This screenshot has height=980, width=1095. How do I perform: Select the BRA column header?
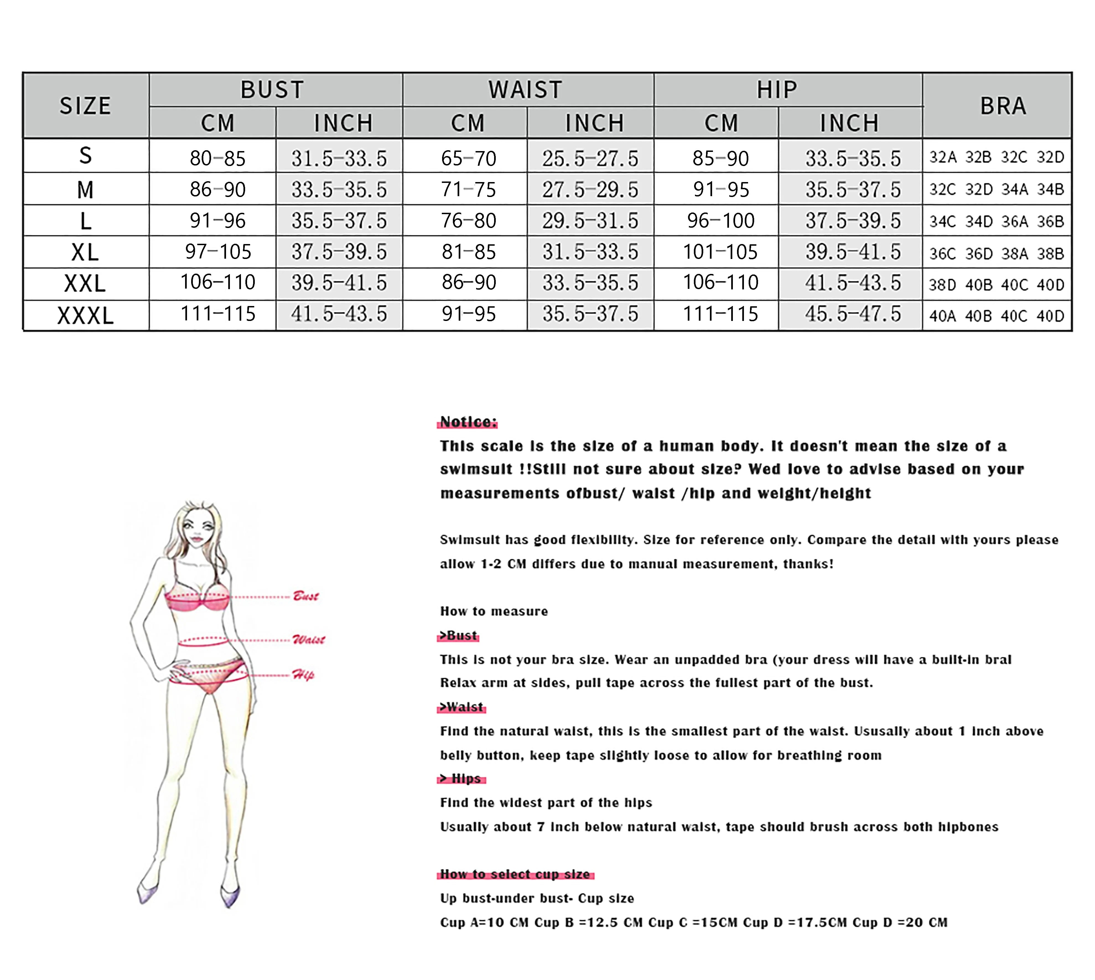point(1002,105)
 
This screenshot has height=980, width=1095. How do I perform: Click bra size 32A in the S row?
point(943,157)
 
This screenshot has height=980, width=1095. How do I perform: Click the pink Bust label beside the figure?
point(305,596)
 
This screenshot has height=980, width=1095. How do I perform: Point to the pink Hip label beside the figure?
point(303,675)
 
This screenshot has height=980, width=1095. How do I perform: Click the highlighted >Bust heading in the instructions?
point(458,635)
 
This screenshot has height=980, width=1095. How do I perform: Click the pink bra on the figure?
point(197,600)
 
